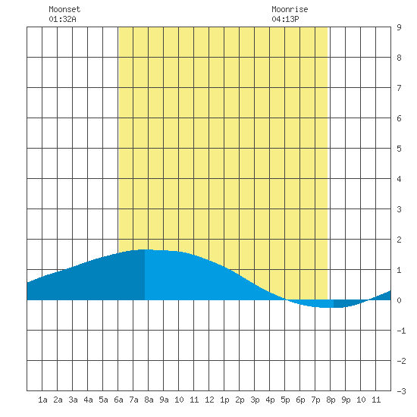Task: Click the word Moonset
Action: click(64, 9)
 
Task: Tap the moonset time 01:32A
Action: click(62, 19)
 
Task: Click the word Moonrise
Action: click(290, 9)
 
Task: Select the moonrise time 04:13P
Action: click(285, 19)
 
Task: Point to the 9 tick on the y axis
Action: click(399, 27)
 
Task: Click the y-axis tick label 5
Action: click(399, 149)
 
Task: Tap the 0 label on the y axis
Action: click(399, 300)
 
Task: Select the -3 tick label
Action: click(401, 391)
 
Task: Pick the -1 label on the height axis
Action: click(401, 331)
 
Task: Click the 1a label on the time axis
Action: click(42, 400)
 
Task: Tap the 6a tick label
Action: click(118, 400)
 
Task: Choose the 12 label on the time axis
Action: click(209, 400)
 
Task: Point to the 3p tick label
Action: click(255, 400)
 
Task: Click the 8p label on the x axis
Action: click(331, 400)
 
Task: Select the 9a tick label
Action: click(164, 400)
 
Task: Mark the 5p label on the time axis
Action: click(285, 400)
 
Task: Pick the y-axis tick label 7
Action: click(399, 88)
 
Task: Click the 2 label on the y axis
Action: click(399, 240)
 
